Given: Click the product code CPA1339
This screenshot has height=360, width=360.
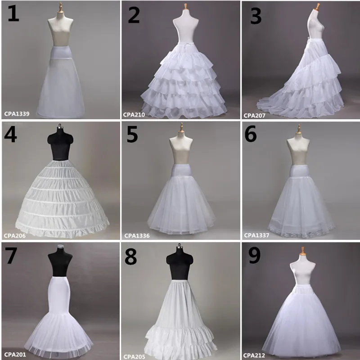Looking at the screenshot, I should click(17, 114).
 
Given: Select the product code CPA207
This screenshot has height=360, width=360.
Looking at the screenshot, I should click(255, 115).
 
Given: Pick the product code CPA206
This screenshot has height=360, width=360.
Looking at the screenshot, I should click(15, 235).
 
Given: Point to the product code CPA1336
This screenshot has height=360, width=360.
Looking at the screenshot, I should click(137, 235).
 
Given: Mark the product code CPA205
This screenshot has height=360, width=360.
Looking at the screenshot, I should click(135, 355).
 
